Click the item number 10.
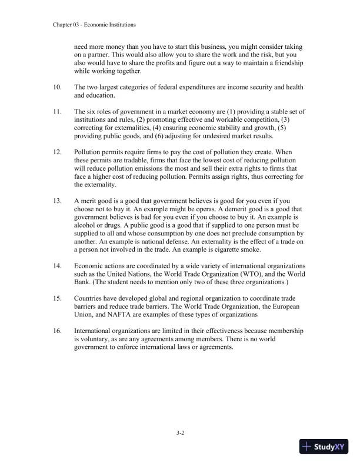57,87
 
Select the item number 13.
57,201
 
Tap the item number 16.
57,331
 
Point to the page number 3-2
181,434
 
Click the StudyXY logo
324,447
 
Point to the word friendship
283,63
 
